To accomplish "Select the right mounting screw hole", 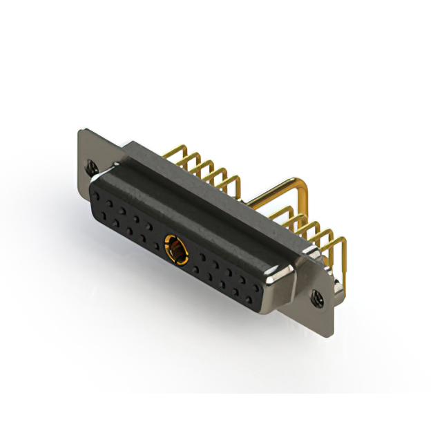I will [x=318, y=299].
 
